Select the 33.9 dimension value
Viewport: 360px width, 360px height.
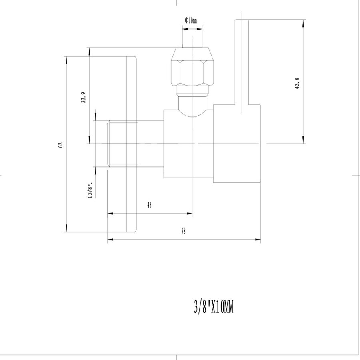[x=83, y=98]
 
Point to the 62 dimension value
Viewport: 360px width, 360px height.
[x=61, y=145]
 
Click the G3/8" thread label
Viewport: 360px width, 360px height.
[x=91, y=190]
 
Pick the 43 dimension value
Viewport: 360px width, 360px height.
[x=149, y=205]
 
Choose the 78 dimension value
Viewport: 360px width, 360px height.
[x=184, y=231]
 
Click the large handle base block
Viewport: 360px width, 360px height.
[x=237, y=143]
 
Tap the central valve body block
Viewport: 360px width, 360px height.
[x=188, y=144]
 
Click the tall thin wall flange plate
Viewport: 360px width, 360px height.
[x=132, y=144]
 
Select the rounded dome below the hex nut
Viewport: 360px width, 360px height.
[x=192, y=105]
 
